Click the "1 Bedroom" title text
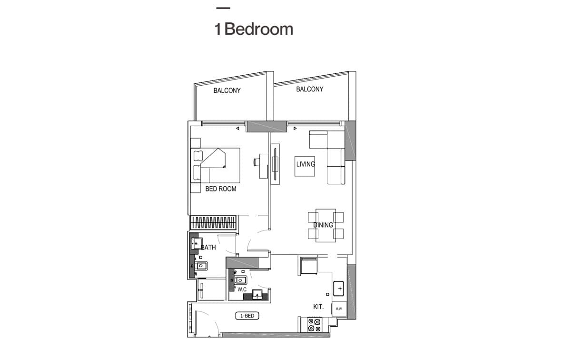click(x=254, y=29)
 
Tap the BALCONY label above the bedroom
click(x=227, y=90)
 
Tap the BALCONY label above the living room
click(x=310, y=89)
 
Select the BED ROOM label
click(x=221, y=189)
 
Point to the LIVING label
click(x=305, y=164)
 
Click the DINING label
click(x=323, y=225)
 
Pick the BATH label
click(x=208, y=248)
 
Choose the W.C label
click(x=242, y=290)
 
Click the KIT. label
click(x=318, y=307)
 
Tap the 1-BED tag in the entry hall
click(x=247, y=316)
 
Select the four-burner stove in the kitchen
click(x=314, y=325)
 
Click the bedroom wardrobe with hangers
click(x=213, y=222)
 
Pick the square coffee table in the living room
click(x=305, y=166)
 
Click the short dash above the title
click(x=223, y=8)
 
